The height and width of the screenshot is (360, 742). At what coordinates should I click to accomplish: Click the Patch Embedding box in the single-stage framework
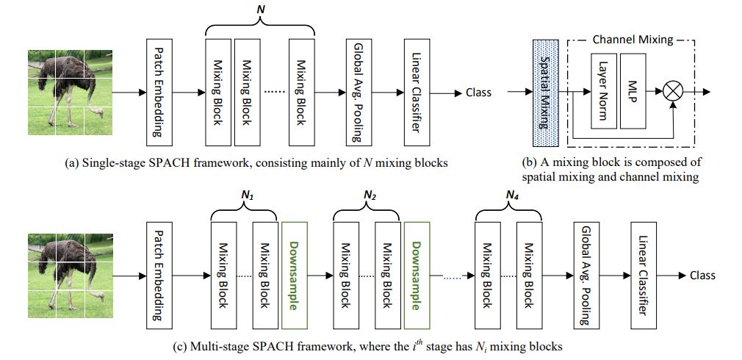[159, 93]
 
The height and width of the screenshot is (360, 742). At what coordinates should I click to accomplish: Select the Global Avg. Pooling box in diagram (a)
[359, 93]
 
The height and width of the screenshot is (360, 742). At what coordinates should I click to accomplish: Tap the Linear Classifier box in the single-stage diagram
[417, 93]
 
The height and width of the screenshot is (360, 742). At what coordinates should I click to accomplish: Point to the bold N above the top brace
[260, 9]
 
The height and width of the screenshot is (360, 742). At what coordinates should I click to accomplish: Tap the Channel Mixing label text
[633, 40]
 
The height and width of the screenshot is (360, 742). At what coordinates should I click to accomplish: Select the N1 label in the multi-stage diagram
[244, 194]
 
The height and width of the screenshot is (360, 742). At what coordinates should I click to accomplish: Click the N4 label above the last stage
[508, 194]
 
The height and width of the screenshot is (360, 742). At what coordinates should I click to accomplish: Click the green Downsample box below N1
[295, 275]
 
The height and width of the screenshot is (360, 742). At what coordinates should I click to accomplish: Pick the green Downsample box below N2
[417, 275]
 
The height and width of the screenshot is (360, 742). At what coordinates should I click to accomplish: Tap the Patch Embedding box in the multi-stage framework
[159, 275]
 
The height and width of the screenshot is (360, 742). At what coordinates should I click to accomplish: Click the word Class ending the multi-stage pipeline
[703, 276]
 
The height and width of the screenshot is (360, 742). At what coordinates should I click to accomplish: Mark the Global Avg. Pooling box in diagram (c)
[586, 275]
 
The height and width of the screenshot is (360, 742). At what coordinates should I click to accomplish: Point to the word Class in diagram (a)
[478, 93]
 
